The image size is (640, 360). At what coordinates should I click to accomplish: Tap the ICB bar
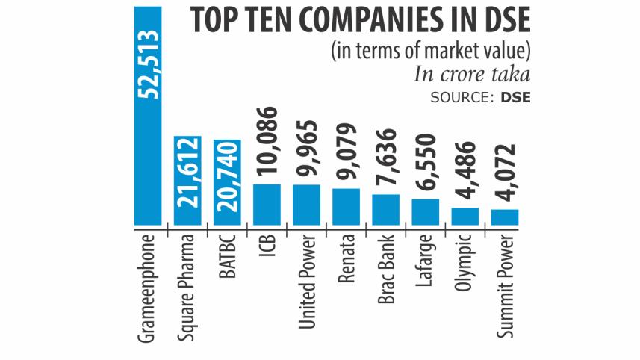(x=267, y=204)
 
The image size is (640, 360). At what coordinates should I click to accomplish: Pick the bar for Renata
(x=346, y=206)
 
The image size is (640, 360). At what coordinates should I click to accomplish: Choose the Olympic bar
(x=465, y=216)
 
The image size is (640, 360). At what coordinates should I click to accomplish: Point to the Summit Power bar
(x=504, y=217)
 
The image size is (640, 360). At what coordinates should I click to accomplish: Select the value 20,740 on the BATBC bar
(x=227, y=183)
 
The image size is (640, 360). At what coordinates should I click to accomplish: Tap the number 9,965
(x=307, y=149)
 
